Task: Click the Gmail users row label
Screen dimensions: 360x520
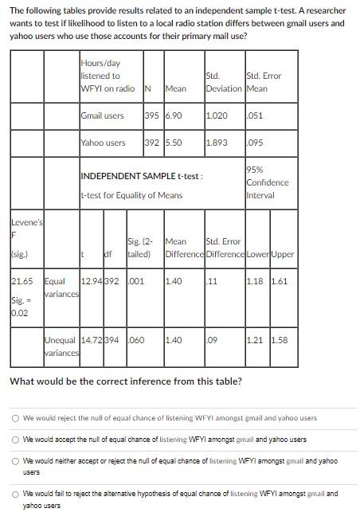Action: (102, 115)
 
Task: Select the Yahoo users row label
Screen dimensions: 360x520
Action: (103, 143)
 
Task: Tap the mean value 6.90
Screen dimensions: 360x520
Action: (173, 115)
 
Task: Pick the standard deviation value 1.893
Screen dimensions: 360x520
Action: (216, 143)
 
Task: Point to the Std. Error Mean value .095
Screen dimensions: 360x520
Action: (255, 143)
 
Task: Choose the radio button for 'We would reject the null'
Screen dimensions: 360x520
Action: (15, 417)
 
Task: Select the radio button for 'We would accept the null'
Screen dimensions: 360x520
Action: (15, 440)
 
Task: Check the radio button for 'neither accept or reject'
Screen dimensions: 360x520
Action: (15, 461)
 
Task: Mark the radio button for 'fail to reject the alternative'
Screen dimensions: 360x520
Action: (15, 494)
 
